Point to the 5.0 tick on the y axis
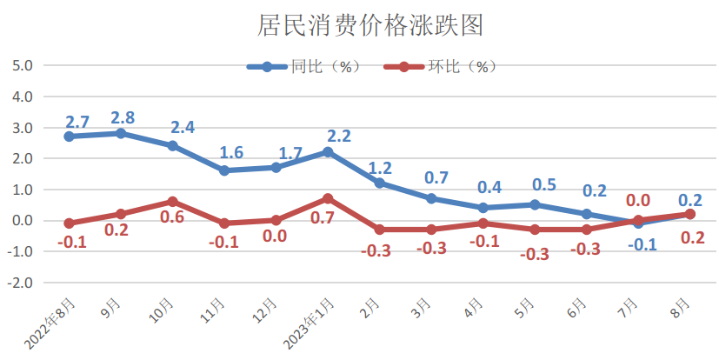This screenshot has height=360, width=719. coord(22,65)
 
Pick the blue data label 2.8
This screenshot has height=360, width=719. coord(122,117)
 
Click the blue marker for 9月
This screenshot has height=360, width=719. coord(121,133)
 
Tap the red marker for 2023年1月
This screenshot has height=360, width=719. coord(328,198)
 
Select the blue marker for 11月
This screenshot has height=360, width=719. coord(224,170)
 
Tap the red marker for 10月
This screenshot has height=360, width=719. coord(172,202)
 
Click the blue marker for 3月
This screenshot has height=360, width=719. coord(431,198)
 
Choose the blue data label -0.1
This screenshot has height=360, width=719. coord(643,245)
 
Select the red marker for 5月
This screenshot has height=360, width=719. coord(535,230)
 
